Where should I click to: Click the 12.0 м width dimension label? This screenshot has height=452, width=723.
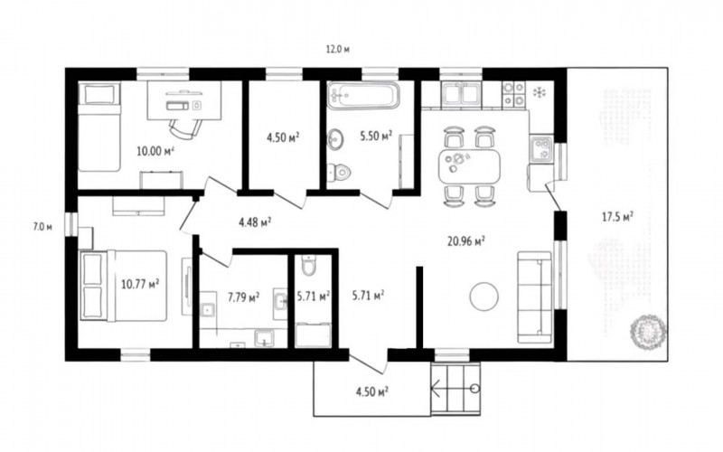tap(338, 50)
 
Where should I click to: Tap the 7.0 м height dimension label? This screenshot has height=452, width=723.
tap(42, 227)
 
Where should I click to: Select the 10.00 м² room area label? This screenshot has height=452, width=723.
tap(155, 150)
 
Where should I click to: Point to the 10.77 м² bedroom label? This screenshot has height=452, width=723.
tap(140, 284)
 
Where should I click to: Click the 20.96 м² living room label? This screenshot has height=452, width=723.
tap(466, 240)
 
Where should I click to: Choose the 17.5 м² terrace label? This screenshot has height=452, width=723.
tap(617, 216)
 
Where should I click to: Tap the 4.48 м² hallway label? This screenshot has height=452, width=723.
tap(255, 222)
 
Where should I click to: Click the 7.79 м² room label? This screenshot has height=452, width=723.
tap(243, 297)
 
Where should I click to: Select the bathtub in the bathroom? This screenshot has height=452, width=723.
tap(363, 96)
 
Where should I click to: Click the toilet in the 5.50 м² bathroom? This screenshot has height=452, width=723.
tap(339, 172)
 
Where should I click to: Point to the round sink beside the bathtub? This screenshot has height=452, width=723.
tap(335, 138)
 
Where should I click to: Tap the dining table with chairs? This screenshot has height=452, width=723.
tap(469, 166)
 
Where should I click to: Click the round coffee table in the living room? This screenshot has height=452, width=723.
tap(484, 297)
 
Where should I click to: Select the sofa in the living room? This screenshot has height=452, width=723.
tap(535, 297)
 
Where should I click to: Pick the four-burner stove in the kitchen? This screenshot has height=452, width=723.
tap(513, 94)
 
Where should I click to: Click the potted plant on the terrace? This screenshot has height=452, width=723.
tap(648, 332)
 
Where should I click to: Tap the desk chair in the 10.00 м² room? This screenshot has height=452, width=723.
tap(185, 127)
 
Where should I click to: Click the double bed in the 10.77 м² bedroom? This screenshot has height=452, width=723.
tap(124, 285)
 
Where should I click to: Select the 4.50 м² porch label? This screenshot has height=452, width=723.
tap(371, 392)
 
